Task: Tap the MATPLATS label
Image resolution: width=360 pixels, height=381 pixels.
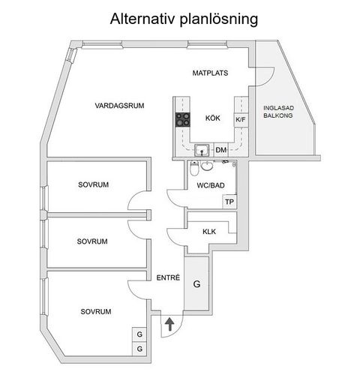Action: click(209, 73)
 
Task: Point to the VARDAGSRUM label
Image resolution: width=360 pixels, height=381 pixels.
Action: click(119, 105)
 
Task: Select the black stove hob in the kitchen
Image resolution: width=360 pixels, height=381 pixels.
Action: click(183, 118)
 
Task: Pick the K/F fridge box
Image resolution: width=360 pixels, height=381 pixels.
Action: click(241, 119)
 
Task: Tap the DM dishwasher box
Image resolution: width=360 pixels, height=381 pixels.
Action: click(220, 151)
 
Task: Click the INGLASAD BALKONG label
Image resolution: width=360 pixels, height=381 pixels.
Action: click(277, 112)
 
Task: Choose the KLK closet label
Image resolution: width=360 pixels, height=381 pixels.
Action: click(209, 232)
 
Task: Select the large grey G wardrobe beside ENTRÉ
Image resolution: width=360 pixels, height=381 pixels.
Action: click(197, 285)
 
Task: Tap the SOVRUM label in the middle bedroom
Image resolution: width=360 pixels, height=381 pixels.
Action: click(92, 241)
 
